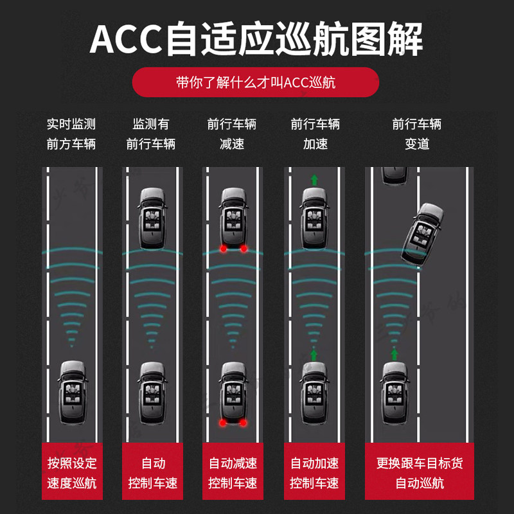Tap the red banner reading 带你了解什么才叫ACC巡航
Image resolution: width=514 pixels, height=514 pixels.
pyautogui.click(x=256, y=82)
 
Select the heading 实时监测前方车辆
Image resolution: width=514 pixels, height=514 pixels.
pyautogui.click(x=71, y=134)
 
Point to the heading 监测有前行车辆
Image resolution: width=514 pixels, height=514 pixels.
pyautogui.click(x=151, y=134)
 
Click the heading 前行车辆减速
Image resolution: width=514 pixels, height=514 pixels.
pyautogui.click(x=232, y=134)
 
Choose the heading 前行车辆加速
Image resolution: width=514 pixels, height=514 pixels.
pyautogui.click(x=315, y=134)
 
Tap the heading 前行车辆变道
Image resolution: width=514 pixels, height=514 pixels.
pyautogui.click(x=417, y=134)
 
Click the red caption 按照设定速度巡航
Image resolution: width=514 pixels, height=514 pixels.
pyautogui.click(x=72, y=472)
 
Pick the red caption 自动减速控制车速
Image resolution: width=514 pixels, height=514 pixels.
pyautogui.click(x=233, y=472)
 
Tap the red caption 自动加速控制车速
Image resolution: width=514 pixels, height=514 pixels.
pyautogui.click(x=314, y=472)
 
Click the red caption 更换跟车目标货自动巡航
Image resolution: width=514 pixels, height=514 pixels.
pyautogui.click(x=420, y=472)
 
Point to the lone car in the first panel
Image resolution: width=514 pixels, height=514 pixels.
pyautogui.click(x=72, y=392)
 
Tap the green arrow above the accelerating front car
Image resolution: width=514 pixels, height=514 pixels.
pyautogui.click(x=314, y=179)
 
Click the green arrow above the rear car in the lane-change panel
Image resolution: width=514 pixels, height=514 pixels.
pyautogui.click(x=394, y=353)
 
